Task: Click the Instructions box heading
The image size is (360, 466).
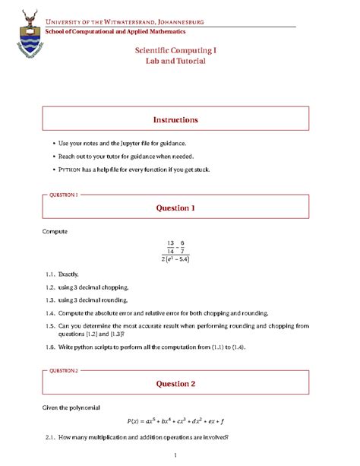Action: click(x=175, y=119)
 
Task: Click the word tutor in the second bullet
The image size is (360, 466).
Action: click(x=115, y=156)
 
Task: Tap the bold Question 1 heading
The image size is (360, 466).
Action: click(x=175, y=208)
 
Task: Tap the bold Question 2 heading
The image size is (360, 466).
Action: click(x=175, y=384)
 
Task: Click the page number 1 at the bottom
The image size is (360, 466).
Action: click(x=175, y=455)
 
